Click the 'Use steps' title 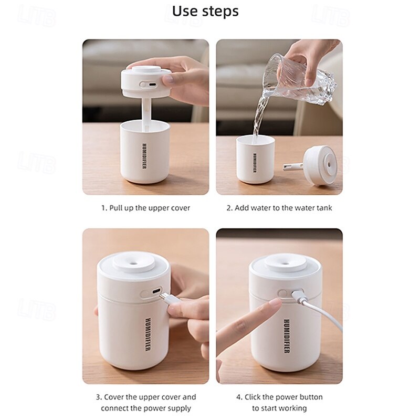coord(205,11)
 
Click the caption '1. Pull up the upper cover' coord(145,208)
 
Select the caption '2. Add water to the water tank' coord(279,208)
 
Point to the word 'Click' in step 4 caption coord(253,397)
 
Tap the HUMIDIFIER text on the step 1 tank coord(144,156)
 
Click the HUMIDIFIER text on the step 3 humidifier coord(148,335)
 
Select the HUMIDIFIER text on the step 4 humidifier coord(286,336)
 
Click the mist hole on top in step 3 coord(134,262)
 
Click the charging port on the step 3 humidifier coord(156,291)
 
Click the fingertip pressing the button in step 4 coord(276,303)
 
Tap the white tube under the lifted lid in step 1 coord(147,114)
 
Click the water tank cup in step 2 coord(256,160)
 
